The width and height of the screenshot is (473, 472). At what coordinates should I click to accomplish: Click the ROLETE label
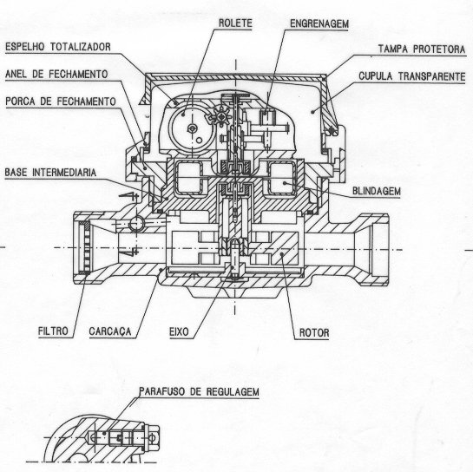click(235, 23)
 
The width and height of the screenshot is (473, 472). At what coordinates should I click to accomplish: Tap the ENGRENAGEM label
click(319, 23)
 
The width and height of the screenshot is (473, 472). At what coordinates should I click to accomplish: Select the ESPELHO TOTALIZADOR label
click(58, 47)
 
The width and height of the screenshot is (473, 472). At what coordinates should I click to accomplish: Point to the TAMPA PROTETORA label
click(422, 49)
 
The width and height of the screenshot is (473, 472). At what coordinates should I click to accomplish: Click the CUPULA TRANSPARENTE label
click(412, 76)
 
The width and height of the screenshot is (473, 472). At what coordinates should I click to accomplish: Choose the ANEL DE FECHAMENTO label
click(56, 74)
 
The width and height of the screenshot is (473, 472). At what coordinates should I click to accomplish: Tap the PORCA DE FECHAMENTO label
click(61, 102)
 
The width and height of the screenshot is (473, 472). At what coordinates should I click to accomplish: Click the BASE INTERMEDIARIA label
click(50, 173)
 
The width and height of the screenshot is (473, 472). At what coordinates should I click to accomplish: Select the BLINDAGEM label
click(377, 191)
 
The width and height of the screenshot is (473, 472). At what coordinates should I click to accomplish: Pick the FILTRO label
click(53, 331)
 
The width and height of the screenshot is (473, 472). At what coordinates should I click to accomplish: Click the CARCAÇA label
click(110, 331)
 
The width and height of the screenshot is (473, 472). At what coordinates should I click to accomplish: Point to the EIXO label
click(179, 332)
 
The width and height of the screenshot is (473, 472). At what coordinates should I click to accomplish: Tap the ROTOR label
click(314, 333)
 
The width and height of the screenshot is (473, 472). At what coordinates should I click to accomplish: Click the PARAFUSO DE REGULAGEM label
click(199, 391)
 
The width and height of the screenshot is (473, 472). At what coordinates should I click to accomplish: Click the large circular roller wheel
click(192, 128)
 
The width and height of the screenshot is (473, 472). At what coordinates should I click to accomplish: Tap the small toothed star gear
click(220, 115)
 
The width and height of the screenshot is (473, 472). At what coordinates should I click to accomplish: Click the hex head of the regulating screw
click(154, 436)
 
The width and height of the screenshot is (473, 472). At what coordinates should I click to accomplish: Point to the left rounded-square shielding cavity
click(189, 178)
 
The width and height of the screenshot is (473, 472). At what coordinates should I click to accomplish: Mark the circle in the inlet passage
click(136, 224)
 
